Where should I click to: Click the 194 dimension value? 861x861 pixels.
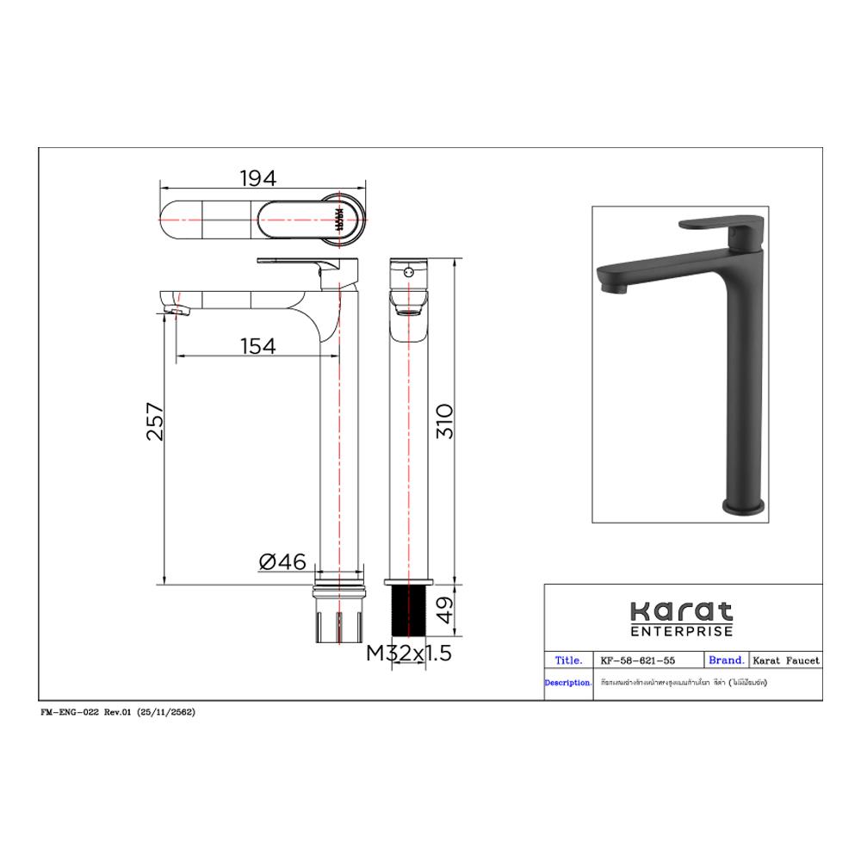(x=257, y=178)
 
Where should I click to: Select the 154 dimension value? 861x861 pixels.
(x=257, y=345)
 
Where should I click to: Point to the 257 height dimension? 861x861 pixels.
(x=154, y=421)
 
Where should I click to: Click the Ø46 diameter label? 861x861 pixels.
(x=282, y=562)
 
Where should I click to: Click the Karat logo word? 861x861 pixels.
(x=681, y=612)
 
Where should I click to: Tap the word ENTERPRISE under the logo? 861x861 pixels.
(x=681, y=632)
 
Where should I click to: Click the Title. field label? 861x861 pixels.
(x=568, y=660)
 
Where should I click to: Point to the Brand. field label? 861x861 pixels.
(x=726, y=660)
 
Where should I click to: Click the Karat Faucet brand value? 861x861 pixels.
(x=786, y=661)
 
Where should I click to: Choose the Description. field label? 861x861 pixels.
(x=567, y=683)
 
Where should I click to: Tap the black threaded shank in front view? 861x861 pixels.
(x=410, y=612)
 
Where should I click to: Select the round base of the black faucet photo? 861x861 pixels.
(x=743, y=505)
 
